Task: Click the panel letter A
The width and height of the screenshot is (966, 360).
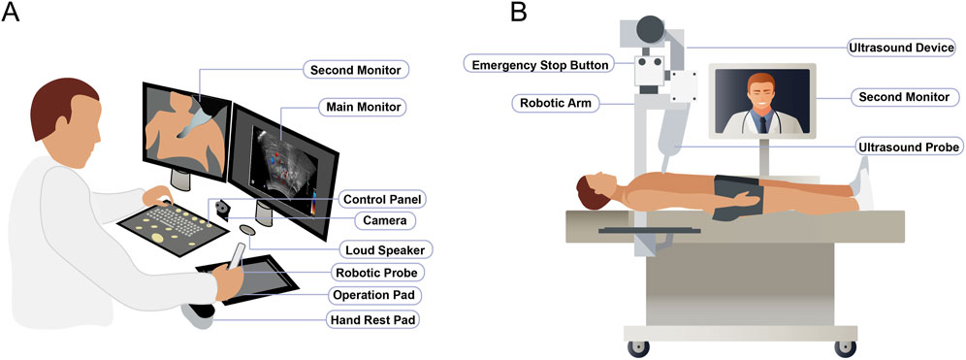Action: (14, 15)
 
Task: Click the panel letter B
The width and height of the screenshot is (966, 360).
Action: (520, 14)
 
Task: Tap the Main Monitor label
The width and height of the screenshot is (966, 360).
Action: (360, 106)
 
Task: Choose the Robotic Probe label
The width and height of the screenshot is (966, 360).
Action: (379, 273)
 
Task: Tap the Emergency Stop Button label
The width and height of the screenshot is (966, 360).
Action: (539, 66)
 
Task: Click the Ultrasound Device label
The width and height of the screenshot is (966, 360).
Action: (901, 47)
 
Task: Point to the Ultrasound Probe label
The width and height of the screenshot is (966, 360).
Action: (909, 147)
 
